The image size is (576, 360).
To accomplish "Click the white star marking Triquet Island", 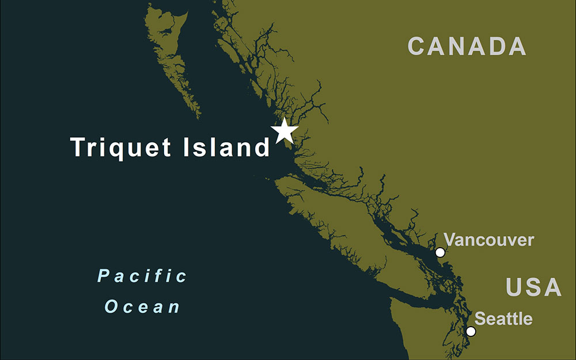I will pos(285,131).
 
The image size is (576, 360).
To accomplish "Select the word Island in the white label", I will pos(226,147).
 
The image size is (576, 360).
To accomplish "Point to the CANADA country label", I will pos(467,46).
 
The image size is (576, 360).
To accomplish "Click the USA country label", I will pos(533,287).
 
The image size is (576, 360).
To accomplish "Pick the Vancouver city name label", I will pos(489,240).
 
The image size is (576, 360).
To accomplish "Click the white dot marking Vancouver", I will pos(440,252).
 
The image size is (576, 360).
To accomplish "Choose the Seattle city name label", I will pos(503,319).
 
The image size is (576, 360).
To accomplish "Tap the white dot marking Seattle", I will pos(471,331).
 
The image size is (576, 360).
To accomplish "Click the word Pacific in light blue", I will pos(142,276).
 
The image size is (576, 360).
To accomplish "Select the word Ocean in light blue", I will pos(142,306).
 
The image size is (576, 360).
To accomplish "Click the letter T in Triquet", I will pos(78,147).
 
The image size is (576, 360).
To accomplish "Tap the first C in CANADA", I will pos(417,46).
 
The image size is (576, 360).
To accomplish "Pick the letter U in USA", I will pos(515,287).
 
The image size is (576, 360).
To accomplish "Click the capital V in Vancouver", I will pos(450,240).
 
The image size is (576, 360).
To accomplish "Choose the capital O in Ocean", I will pos(112,306).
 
